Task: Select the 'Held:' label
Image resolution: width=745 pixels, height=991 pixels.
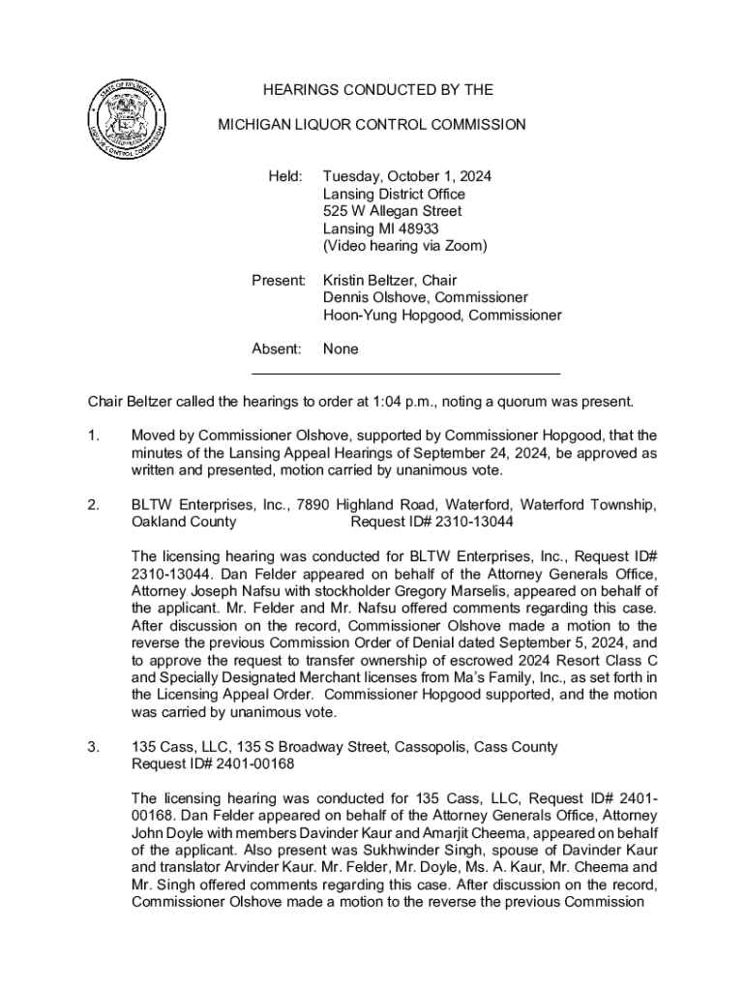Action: click(285, 177)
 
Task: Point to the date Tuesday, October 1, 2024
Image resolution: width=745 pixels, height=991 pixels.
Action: click(407, 177)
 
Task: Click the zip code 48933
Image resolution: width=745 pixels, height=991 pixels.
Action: click(416, 228)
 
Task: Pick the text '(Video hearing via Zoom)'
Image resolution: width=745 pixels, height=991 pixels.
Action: click(404, 246)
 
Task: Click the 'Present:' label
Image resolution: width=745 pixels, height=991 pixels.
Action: click(279, 281)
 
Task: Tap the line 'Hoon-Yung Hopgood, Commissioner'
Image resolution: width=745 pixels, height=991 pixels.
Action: click(441, 315)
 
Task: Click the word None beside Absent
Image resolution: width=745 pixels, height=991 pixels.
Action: click(341, 349)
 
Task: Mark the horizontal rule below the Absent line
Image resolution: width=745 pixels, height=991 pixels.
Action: click(405, 373)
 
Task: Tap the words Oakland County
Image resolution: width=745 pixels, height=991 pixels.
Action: click(184, 522)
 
